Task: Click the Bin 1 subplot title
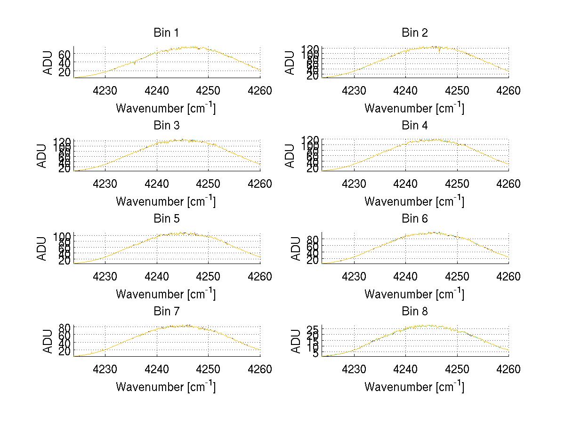(x=166, y=33)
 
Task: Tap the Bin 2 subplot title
(x=415, y=33)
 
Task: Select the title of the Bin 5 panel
(x=166, y=219)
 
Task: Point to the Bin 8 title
(x=415, y=312)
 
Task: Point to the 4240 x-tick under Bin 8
(x=405, y=369)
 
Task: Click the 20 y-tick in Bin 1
(x=64, y=72)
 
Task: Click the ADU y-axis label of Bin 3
(x=42, y=155)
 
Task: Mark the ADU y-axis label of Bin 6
(x=291, y=248)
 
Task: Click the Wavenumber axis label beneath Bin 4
(x=414, y=201)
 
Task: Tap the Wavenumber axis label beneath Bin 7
(x=166, y=387)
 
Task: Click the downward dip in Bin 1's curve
(x=135, y=64)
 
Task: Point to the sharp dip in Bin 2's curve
(x=439, y=51)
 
